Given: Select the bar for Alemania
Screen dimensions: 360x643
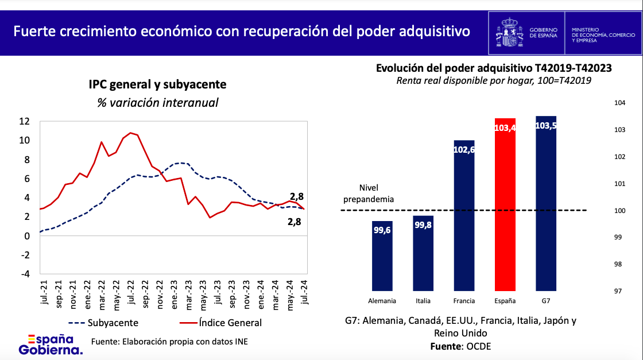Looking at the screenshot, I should pyautogui.click(x=382, y=256).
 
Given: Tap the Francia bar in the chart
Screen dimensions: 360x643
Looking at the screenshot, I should pyautogui.click(x=464, y=215).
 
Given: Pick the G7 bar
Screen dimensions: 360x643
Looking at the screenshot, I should pyautogui.click(x=545, y=203).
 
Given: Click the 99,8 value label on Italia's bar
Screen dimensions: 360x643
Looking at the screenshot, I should pyautogui.click(x=423, y=226).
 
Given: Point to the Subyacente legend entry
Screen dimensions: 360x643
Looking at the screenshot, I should pyautogui.click(x=103, y=323).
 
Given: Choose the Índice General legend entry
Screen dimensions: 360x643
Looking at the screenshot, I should pyautogui.click(x=218, y=323).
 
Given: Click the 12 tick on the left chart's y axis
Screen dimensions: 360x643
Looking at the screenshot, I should pyautogui.click(x=24, y=121).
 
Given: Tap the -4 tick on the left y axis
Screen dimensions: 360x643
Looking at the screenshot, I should pyautogui.click(x=24, y=274).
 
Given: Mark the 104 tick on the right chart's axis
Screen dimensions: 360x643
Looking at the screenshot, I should pyautogui.click(x=619, y=103).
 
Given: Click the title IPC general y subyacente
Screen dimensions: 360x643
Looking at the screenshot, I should pyautogui.click(x=157, y=85).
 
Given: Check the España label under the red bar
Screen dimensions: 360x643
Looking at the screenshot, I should pyautogui.click(x=505, y=300).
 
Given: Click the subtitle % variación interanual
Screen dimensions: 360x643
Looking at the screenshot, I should pyautogui.click(x=157, y=103).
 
